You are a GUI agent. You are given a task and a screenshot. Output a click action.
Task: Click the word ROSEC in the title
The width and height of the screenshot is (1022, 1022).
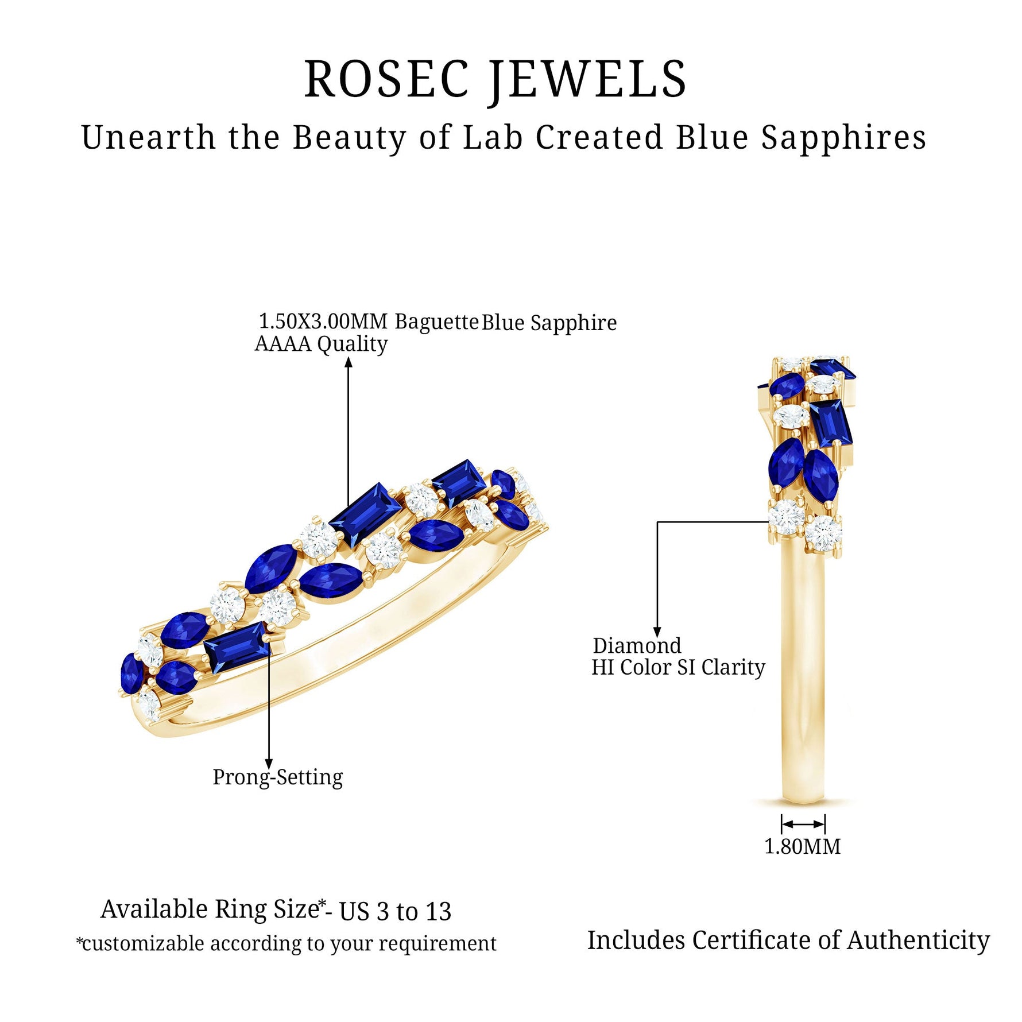(386, 79)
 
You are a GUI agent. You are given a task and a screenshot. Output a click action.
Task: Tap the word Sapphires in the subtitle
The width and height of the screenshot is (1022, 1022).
(843, 138)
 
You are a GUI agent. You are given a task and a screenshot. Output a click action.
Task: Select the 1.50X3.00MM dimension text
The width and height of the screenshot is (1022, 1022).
(323, 321)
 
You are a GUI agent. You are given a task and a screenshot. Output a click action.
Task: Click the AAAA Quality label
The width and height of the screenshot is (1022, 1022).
(321, 344)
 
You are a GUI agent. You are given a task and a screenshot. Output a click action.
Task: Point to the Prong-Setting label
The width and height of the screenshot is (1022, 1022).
(277, 777)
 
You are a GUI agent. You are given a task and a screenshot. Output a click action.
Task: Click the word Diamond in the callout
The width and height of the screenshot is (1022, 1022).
(637, 645)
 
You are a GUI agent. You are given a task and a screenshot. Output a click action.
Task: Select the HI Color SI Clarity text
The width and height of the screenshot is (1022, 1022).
(678, 667)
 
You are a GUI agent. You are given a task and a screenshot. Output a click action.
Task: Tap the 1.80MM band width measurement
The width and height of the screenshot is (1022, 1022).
(802, 846)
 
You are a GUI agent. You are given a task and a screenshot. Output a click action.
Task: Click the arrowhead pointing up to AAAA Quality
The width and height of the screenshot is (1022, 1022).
(348, 362)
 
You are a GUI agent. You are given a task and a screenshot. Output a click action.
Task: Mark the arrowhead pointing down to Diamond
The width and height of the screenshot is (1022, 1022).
(657, 632)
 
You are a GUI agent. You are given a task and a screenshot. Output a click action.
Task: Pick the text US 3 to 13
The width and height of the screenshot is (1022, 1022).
(395, 912)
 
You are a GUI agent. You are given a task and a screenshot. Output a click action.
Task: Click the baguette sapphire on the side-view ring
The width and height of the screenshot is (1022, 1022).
(830, 423)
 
